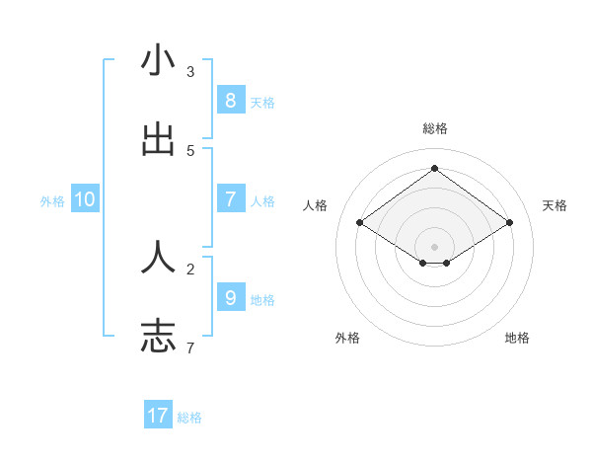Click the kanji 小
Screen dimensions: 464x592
pos(158,61)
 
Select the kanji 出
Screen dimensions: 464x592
pos(158,140)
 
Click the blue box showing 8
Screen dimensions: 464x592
pos(230,100)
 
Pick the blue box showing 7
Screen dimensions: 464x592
pos(230,198)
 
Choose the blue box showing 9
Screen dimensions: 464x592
pos(230,297)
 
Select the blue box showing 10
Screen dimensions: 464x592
pos(85,199)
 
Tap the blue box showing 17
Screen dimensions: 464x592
pos(158,416)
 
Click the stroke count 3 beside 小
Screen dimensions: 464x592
pos(190,71)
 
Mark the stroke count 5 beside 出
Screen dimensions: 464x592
pos(190,150)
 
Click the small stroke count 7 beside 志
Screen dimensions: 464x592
pos(190,348)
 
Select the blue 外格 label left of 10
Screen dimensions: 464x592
pos(52,200)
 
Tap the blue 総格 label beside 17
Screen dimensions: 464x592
pos(189,418)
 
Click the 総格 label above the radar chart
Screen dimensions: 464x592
pos(434,128)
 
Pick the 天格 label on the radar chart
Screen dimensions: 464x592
pos(555,205)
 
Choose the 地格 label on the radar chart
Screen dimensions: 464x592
pos(517,338)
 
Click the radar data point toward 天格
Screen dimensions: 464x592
pos(509,223)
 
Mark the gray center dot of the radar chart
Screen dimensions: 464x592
pos(434,246)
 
